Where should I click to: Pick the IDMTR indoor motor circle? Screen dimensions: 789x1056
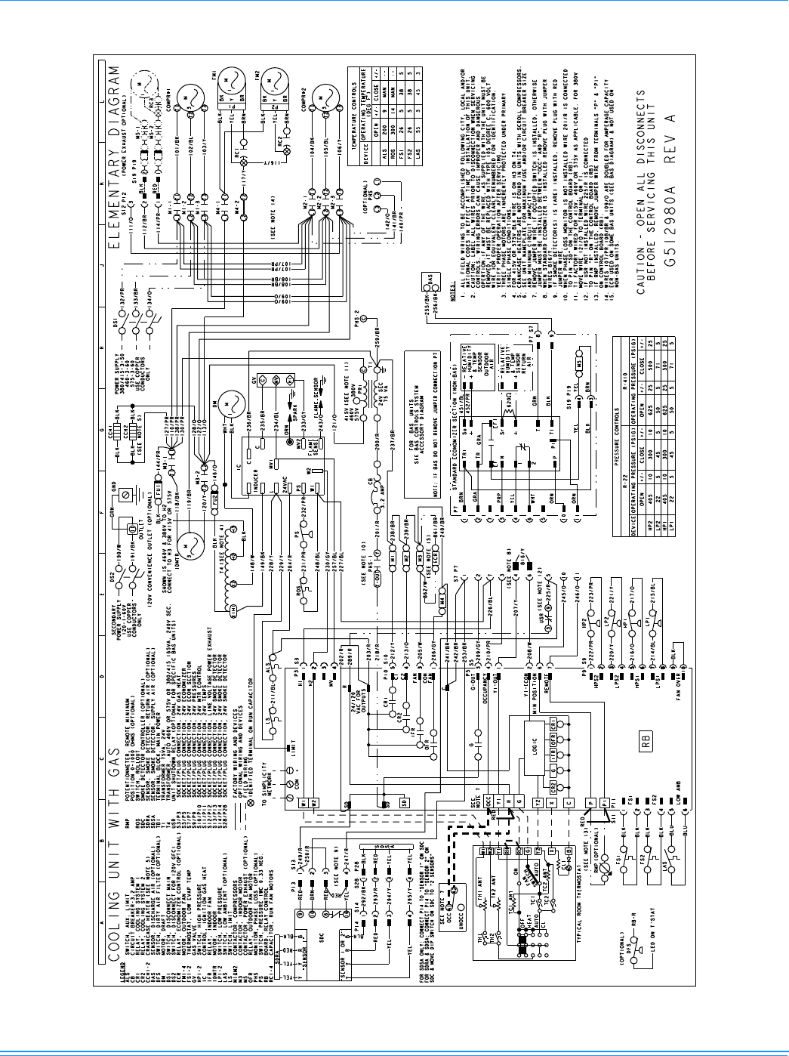point(188,542)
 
